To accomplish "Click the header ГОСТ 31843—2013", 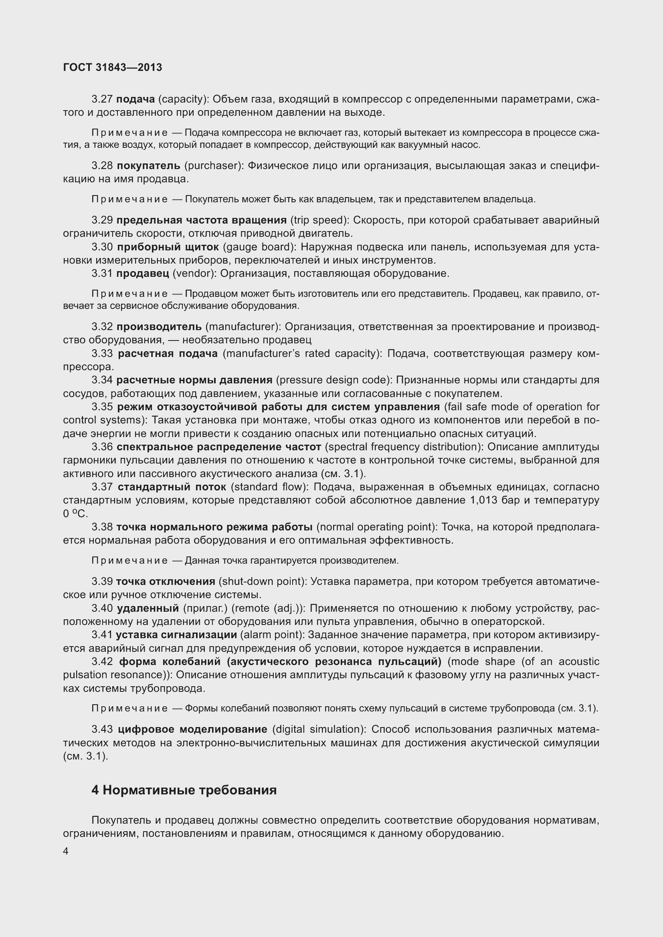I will [113, 68].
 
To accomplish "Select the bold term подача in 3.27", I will [135, 99].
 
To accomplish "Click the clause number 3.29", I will [102, 220].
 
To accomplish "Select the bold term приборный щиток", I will [168, 247].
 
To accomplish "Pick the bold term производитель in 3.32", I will [159, 327].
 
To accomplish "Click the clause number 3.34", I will [102, 380].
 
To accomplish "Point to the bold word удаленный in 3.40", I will [148, 609].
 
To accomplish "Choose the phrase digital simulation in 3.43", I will [316, 729].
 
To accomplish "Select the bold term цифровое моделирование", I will [192, 729].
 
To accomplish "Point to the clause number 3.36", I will [102, 447].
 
